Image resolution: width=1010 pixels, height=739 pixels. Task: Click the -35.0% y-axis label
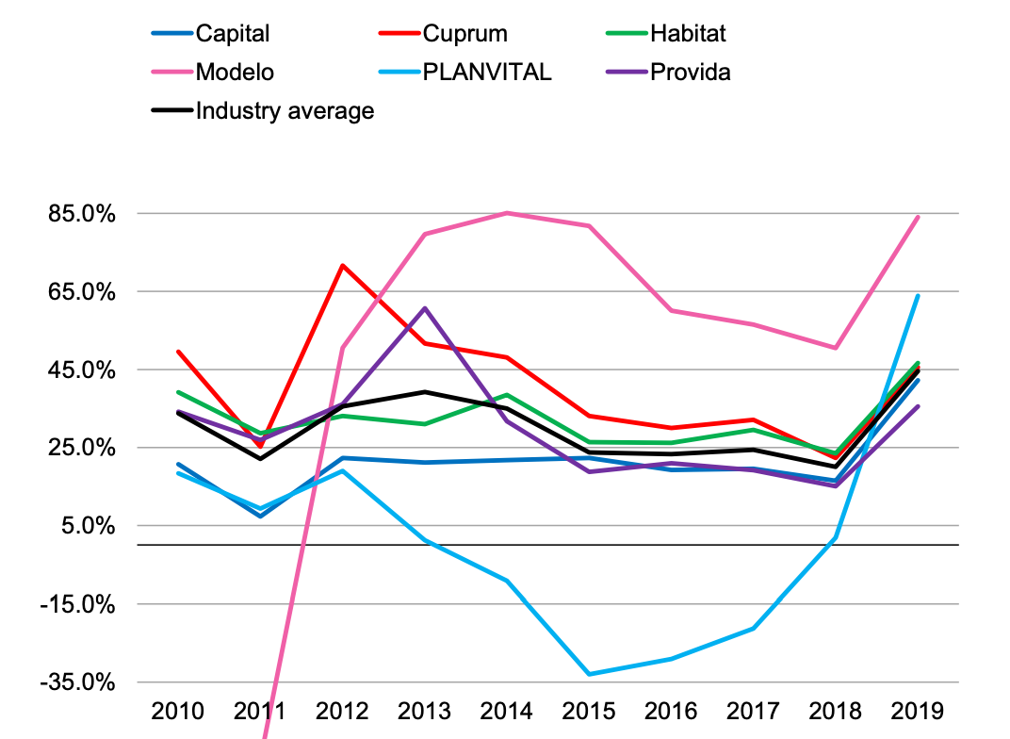[79, 682]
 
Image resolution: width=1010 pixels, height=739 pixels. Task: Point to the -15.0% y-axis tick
[79, 604]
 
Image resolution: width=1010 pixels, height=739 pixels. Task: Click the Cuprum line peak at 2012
[342, 266]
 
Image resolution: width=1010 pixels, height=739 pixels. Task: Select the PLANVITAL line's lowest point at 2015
[589, 674]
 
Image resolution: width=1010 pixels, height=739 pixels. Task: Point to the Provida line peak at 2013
[424, 308]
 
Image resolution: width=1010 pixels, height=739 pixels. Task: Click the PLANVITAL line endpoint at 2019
[918, 296]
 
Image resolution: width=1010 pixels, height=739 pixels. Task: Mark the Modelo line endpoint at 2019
[918, 217]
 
